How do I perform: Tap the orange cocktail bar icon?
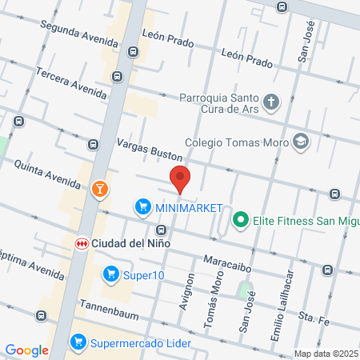tap(100, 189)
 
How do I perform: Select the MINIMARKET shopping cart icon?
tap(143, 207)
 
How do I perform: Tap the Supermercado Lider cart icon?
tap(78, 342)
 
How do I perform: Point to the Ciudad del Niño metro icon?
tap(82, 242)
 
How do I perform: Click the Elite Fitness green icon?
tap(239, 218)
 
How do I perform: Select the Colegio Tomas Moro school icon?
tap(301, 142)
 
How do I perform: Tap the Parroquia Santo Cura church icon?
tap(273, 102)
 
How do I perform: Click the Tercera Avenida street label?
tap(70, 82)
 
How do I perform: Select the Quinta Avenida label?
tap(47, 173)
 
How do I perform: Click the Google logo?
tap(27, 350)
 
